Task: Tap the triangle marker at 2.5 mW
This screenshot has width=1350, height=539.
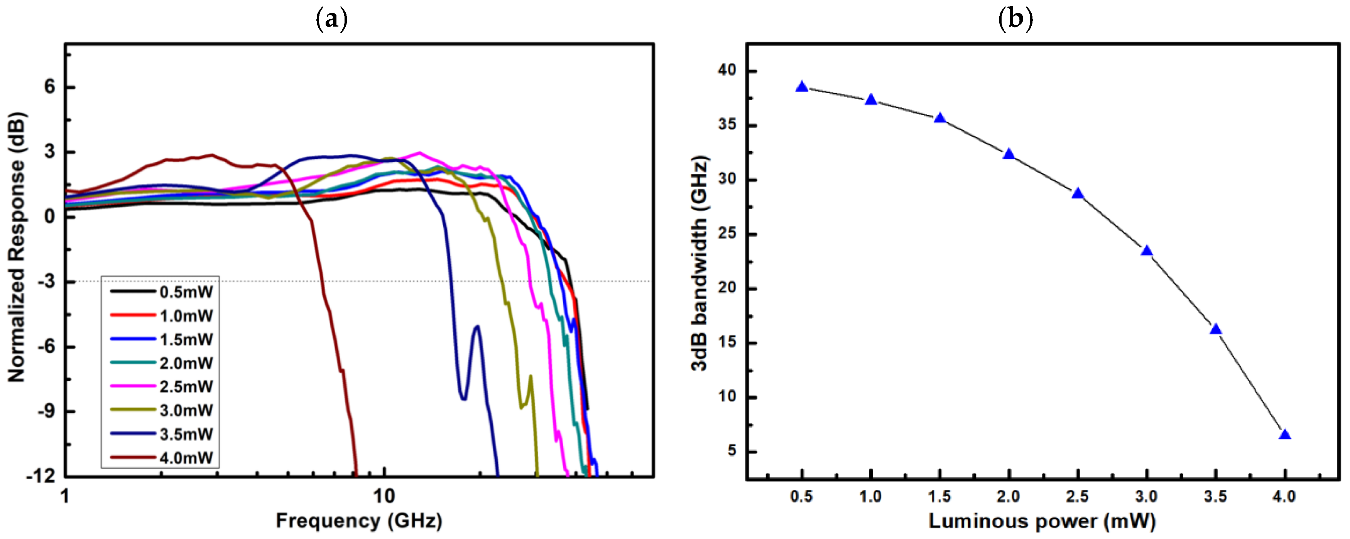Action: [x=1078, y=193]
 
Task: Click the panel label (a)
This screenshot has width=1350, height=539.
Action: [x=332, y=19]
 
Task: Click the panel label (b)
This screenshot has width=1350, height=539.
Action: [x=1015, y=19]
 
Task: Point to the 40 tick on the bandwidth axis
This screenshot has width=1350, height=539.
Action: [x=727, y=70]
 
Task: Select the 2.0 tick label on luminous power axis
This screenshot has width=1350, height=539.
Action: [x=1008, y=496]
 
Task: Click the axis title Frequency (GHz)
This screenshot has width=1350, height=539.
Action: [x=359, y=521]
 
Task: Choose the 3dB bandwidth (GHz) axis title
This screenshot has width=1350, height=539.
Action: [x=699, y=263]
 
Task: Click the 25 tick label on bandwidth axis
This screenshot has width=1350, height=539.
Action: [x=727, y=233]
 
